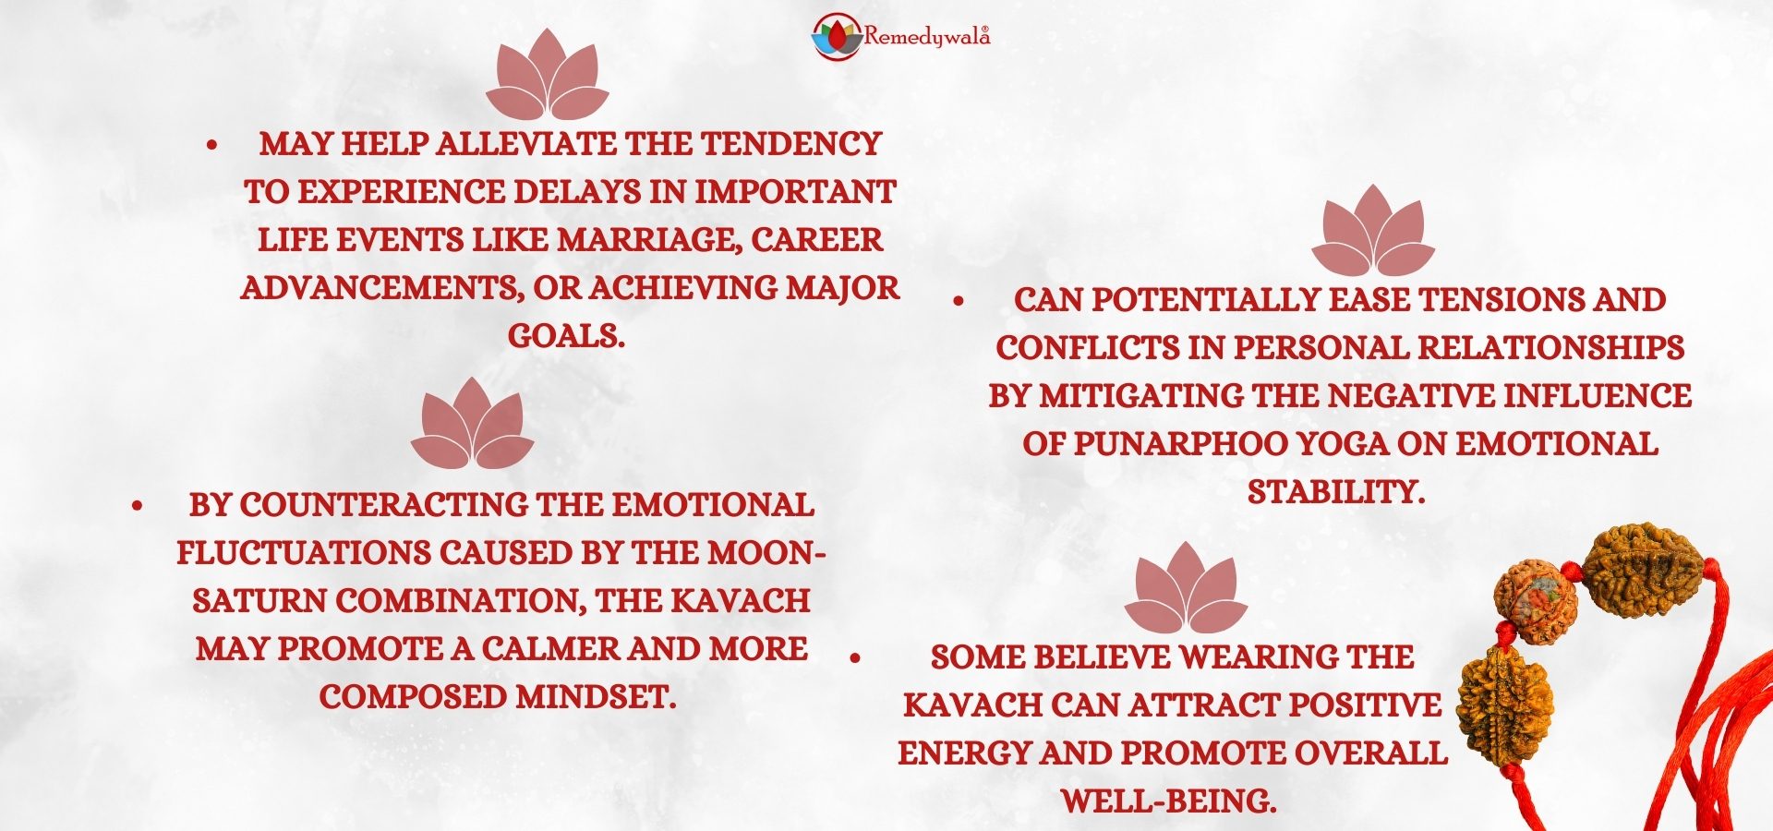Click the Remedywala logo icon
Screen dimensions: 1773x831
pos(836,36)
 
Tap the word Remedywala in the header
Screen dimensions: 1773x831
pos(926,37)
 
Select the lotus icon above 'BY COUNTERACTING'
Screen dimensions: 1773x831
pos(472,422)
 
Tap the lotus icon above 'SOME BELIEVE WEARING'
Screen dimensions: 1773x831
pos(1186,587)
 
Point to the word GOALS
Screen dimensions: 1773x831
pos(566,336)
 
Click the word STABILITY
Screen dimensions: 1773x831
pos(1336,492)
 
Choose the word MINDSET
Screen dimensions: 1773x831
pos(595,697)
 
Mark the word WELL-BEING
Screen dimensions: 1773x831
pos(1168,801)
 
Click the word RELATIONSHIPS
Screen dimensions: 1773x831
pos(1550,348)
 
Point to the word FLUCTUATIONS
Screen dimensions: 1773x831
pos(304,553)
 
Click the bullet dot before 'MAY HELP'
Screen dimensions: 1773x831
pos(212,145)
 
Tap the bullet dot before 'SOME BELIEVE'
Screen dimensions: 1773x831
pos(855,658)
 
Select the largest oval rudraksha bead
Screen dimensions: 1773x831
pos(1642,568)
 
